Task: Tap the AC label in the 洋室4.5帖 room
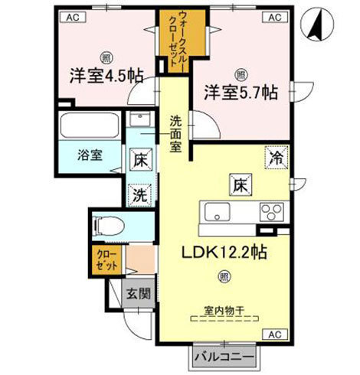tap(70, 16)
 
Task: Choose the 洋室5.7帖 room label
tap(238, 93)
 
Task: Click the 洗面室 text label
tap(175, 132)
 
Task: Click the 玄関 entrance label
tap(138, 293)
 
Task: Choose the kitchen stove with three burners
tap(270, 211)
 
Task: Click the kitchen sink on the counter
tap(216, 211)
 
